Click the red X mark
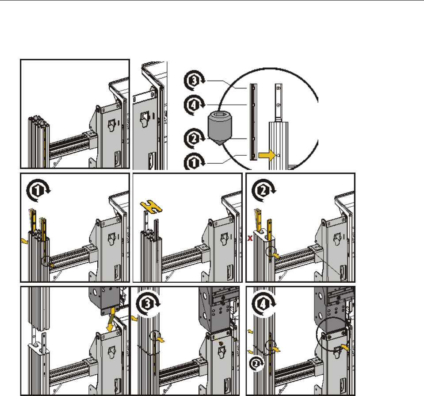coord(250,239)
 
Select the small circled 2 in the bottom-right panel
coord(256,364)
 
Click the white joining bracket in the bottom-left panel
coord(37,342)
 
